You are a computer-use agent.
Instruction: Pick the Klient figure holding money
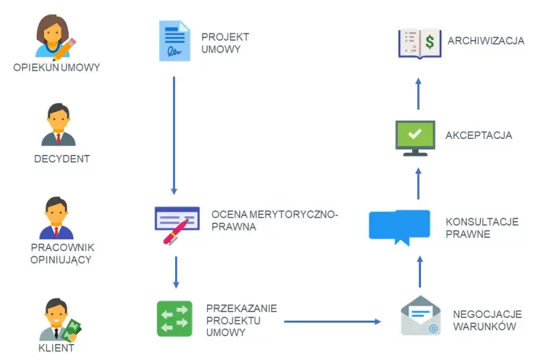pyautogui.click(x=59, y=320)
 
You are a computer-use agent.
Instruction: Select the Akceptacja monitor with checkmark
pyautogui.click(x=415, y=136)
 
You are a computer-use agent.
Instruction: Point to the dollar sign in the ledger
pyautogui.click(x=429, y=42)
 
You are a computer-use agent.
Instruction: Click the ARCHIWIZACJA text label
pyautogui.click(x=486, y=41)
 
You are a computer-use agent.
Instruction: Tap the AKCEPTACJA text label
pyautogui.click(x=478, y=136)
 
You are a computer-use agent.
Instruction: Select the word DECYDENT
pyautogui.click(x=61, y=159)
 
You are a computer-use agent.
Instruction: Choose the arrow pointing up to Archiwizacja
pyautogui.click(x=418, y=94)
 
